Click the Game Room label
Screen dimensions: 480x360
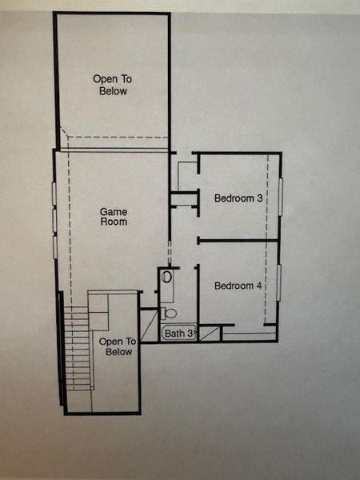[114, 217]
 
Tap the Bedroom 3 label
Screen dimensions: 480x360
[238, 198]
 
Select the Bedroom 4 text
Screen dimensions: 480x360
[238, 286]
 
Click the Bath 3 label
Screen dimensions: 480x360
[180, 333]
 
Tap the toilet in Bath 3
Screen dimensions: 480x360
[167, 311]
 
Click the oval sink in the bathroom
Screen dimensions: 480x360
[166, 277]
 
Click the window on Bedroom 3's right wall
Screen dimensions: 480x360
[281, 197]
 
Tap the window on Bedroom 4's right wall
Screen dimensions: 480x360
[279, 282]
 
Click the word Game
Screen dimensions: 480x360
[114, 212]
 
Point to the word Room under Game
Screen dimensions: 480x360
[114, 222]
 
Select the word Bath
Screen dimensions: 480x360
[175, 333]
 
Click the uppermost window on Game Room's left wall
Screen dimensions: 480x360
[54, 194]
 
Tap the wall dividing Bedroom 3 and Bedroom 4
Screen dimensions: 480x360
[238, 239]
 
